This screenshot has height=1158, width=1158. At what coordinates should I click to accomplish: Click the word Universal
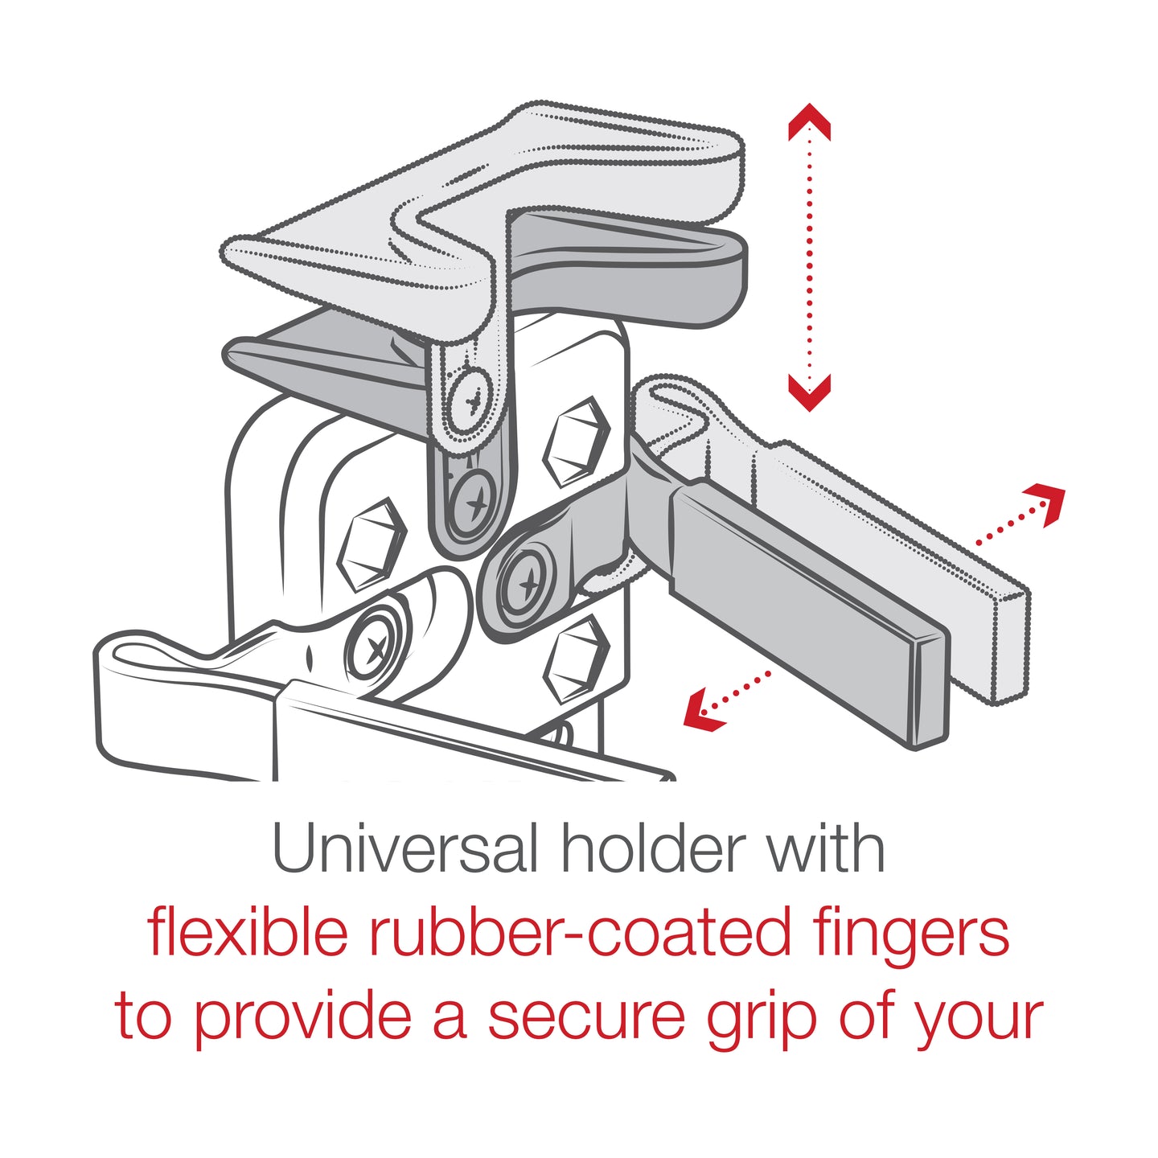coord(404,849)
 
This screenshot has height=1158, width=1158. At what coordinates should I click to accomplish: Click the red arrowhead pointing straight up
coord(809,121)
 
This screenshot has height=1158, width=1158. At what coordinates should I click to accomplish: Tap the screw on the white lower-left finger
coord(374,646)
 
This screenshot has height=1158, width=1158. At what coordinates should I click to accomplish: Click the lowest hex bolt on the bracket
coord(576,659)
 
